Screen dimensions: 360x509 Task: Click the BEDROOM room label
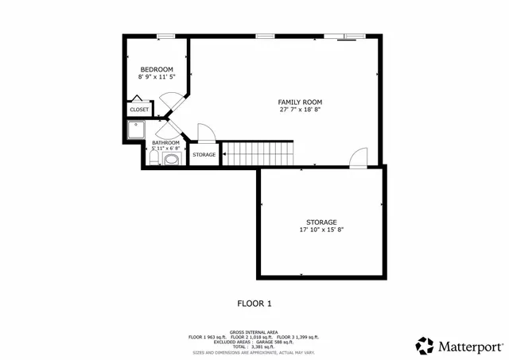pos(157,69)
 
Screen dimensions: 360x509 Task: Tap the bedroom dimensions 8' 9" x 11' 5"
pos(157,77)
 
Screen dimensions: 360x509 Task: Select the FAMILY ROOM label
pos(300,102)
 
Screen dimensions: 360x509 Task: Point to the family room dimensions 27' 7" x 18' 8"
pos(300,110)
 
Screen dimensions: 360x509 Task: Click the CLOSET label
pos(139,110)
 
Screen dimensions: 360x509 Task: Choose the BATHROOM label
pos(165,142)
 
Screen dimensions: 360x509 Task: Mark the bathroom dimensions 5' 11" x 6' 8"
pos(165,149)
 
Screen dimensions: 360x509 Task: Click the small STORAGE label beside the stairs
pos(204,154)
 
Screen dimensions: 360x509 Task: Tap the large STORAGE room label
pos(321,222)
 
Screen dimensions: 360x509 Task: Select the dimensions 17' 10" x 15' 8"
pos(321,230)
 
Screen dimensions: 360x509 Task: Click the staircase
pos(256,153)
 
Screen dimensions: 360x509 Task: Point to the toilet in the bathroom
pos(152,158)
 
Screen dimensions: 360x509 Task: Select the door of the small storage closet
pos(204,134)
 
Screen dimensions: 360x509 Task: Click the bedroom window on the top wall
pos(165,35)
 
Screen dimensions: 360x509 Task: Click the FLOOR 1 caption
pos(254,303)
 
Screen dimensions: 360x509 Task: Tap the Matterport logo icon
pos(425,346)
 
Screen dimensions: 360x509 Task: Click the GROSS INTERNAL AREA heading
pos(254,332)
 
